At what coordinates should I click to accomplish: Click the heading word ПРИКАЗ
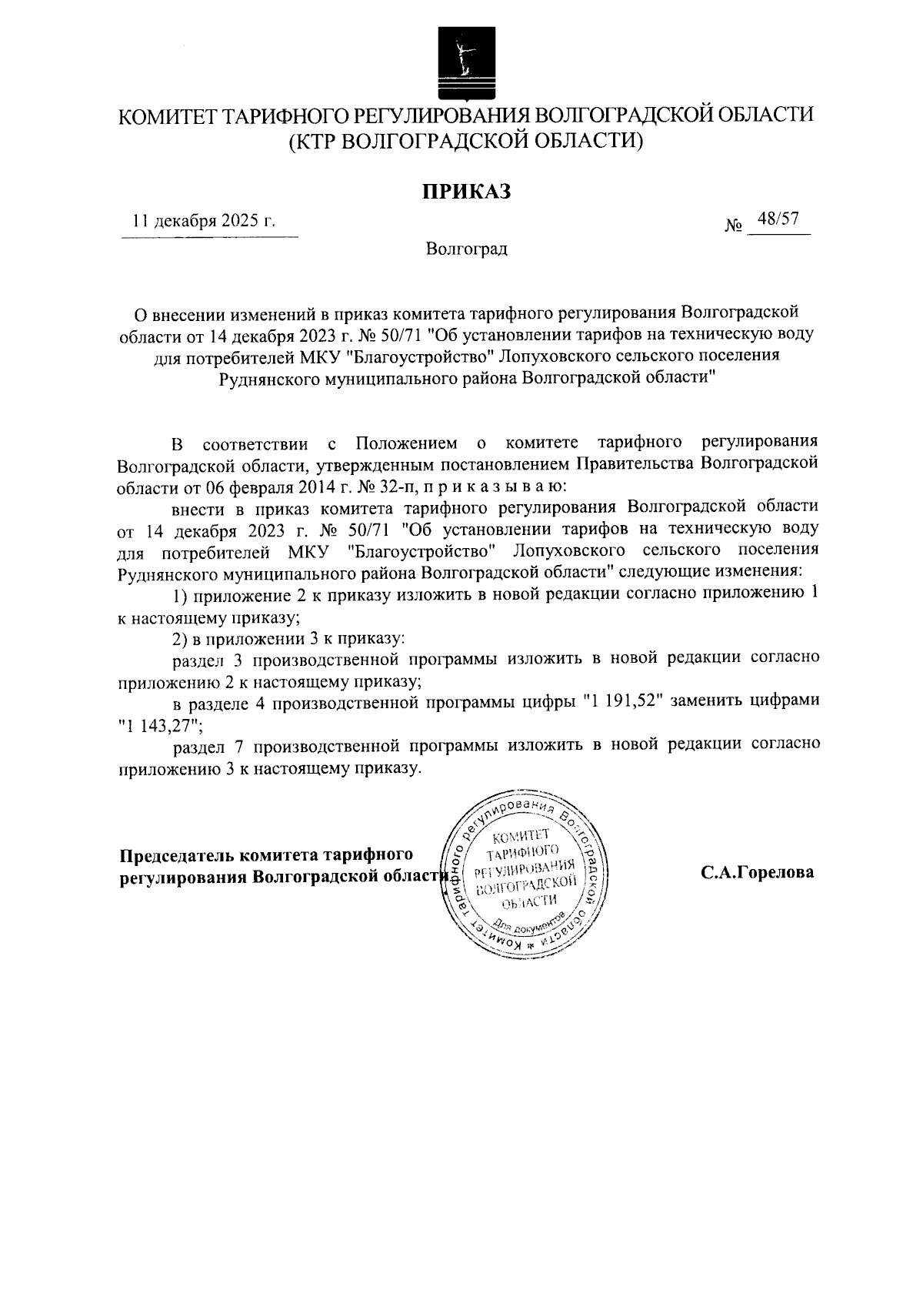point(465,191)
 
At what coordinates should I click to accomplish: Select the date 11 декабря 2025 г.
point(204,222)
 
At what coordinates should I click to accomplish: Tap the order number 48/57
point(777,220)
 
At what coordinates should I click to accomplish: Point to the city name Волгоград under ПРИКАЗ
point(466,249)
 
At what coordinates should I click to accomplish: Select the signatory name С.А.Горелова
point(757,873)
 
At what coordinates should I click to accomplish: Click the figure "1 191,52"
point(623,700)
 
